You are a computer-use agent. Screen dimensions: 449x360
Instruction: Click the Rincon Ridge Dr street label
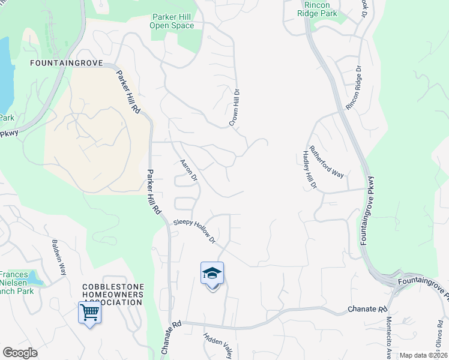355,88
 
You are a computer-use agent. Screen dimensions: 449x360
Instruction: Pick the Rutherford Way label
327,162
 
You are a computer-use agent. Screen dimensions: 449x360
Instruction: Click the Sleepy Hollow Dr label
194,231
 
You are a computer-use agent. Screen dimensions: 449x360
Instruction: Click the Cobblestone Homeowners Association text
113,295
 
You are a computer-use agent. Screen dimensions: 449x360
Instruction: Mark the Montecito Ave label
389,337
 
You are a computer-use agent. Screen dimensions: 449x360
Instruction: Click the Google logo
20,353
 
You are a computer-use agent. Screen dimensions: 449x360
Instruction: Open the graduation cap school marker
212,274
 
